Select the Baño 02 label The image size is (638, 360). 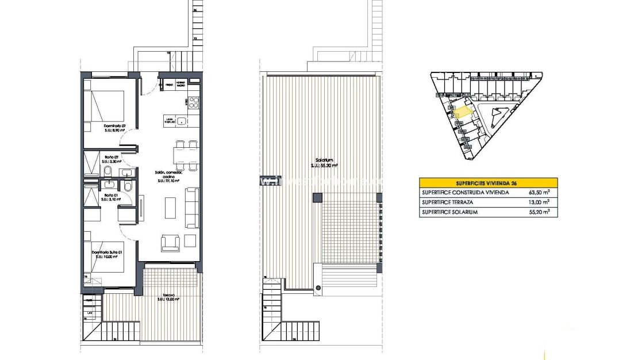coord(111,157)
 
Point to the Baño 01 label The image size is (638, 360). coord(110,196)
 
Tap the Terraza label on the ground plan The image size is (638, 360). coord(168,296)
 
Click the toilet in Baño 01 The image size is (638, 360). coord(128,187)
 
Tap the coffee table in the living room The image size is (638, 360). coord(171,208)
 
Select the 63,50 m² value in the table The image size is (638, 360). coord(541,192)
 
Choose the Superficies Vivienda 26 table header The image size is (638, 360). coord(488,182)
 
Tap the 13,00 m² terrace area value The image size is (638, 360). coord(541,202)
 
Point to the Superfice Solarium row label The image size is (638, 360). coord(449,212)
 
